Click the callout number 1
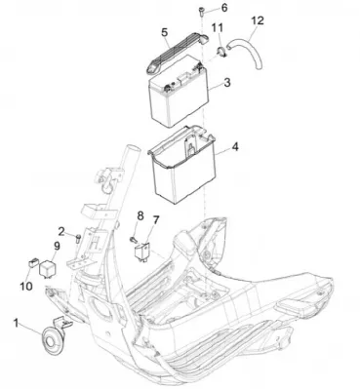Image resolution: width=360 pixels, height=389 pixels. [x=16, y=323]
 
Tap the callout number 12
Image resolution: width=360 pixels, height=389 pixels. [x=258, y=20]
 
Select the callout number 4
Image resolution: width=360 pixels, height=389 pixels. [x=235, y=147]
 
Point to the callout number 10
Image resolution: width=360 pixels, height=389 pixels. [x=26, y=286]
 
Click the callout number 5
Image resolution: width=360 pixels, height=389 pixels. [x=165, y=32]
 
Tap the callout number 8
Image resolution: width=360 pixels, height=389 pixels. [x=140, y=215]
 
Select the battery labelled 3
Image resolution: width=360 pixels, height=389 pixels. [x=179, y=91]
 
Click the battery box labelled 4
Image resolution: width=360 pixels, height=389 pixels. [x=182, y=165]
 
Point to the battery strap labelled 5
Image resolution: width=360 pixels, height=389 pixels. [x=176, y=54]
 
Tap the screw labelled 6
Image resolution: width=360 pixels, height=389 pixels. [x=200, y=12]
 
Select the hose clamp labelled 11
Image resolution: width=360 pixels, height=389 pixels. [x=220, y=53]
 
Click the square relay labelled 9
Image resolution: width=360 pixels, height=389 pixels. [x=47, y=268]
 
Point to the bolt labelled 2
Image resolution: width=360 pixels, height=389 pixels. [x=77, y=238]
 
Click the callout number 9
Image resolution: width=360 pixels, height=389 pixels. [x=57, y=246]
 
